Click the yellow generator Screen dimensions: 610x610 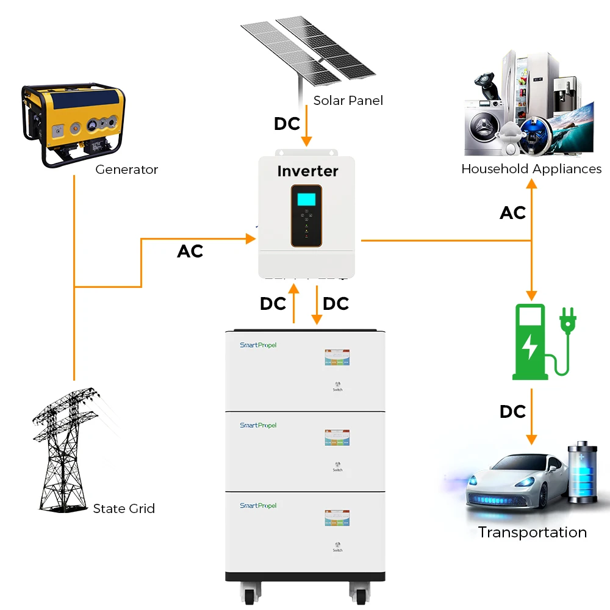73,125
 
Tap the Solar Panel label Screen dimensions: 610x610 348,101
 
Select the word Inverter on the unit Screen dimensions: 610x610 307,171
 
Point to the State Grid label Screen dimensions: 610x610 124,509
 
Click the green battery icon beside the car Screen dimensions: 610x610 583,473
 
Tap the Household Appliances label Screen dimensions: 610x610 531,169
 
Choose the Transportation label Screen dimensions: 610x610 532,533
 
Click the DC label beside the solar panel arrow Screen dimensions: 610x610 287,124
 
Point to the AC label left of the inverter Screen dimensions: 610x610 190,251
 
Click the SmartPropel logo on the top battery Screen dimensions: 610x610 258,345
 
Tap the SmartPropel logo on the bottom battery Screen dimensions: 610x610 258,506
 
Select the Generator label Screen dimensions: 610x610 126,170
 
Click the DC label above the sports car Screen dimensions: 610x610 512,412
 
